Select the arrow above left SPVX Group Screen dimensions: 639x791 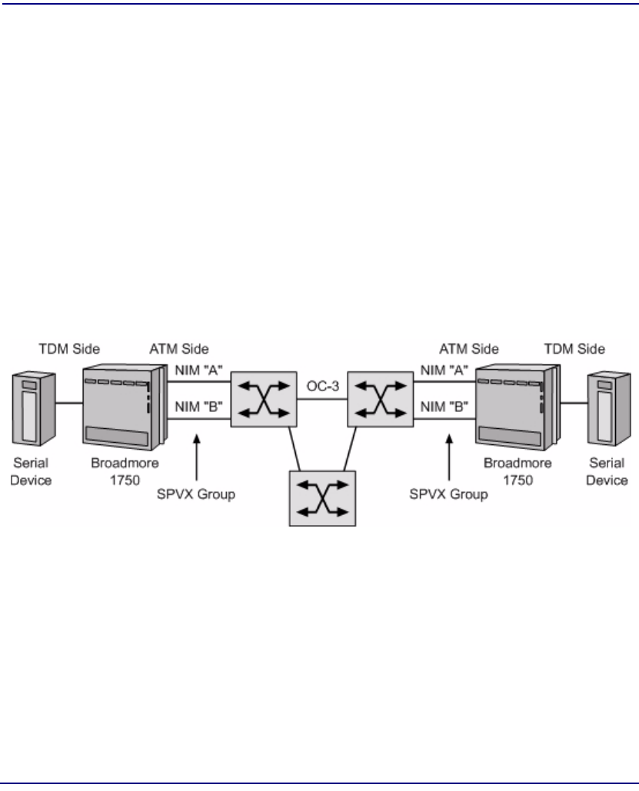click(x=198, y=454)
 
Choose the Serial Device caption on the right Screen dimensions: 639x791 click(x=608, y=472)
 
